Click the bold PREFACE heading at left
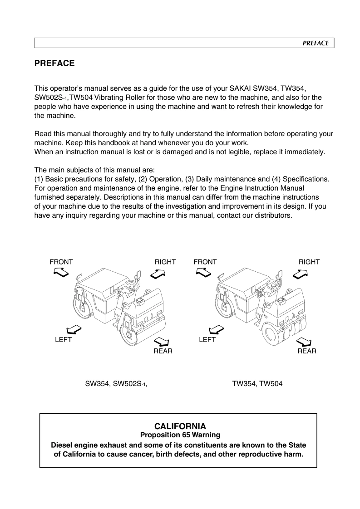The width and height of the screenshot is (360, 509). (54, 64)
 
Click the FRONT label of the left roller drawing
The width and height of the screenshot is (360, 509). (61, 262)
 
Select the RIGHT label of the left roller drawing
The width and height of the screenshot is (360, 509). (165, 262)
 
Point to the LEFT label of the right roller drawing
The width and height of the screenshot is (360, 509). (207, 340)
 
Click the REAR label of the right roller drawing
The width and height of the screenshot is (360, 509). (307, 351)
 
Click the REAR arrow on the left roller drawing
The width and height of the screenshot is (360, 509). (161, 341)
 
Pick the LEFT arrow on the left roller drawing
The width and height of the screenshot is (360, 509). (74, 329)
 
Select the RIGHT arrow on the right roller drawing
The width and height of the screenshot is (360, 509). (301, 274)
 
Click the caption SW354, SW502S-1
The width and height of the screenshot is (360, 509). (117, 383)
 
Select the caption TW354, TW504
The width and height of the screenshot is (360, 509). (257, 383)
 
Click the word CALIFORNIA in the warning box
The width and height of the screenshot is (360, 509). (180, 426)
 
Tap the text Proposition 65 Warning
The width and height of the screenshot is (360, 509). (180, 435)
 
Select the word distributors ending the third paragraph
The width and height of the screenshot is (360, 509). (269, 215)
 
